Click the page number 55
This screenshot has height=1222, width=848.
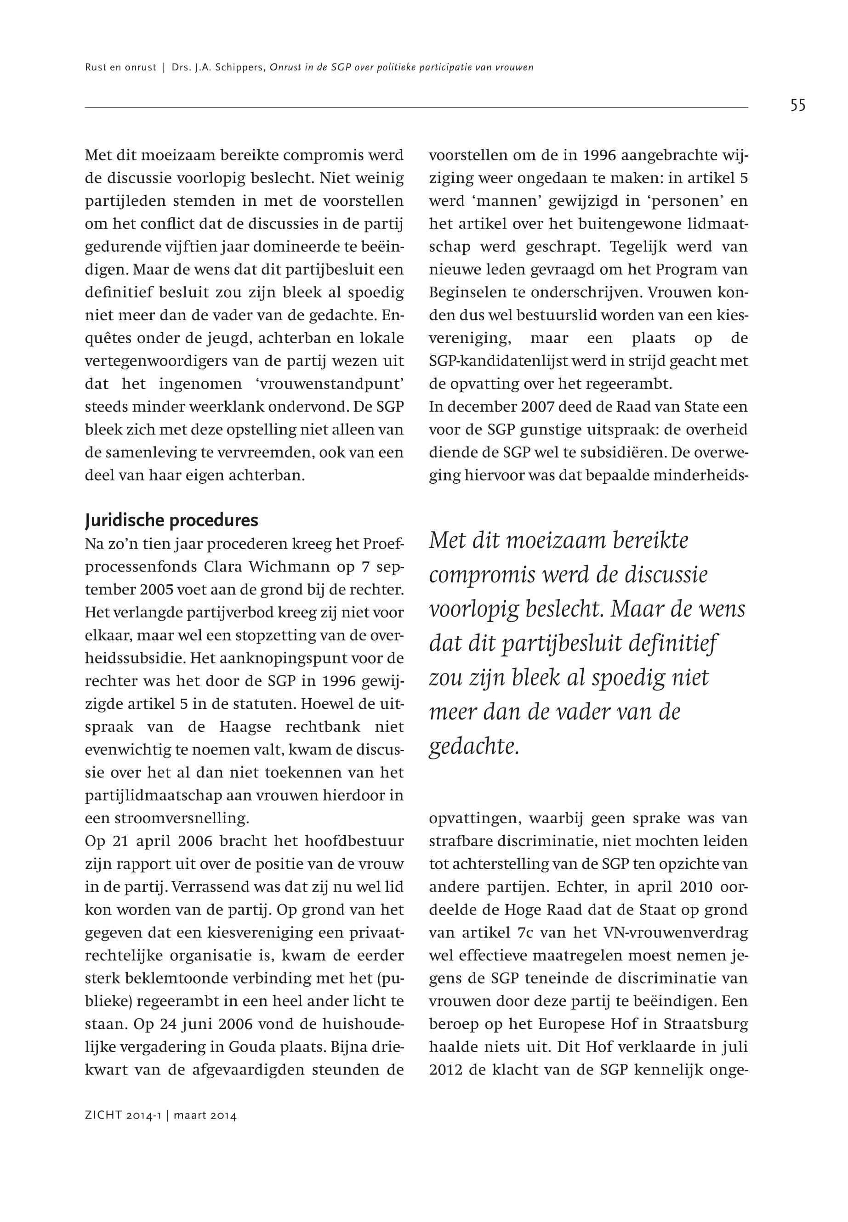pyautogui.click(x=797, y=106)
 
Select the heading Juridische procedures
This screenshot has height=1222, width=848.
pyautogui.click(x=171, y=520)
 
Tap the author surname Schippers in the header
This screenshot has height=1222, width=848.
pyautogui.click(x=241, y=68)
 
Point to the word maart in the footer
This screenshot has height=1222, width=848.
pyautogui.click(x=191, y=1116)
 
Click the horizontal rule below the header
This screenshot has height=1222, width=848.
pyautogui.click(x=416, y=108)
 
